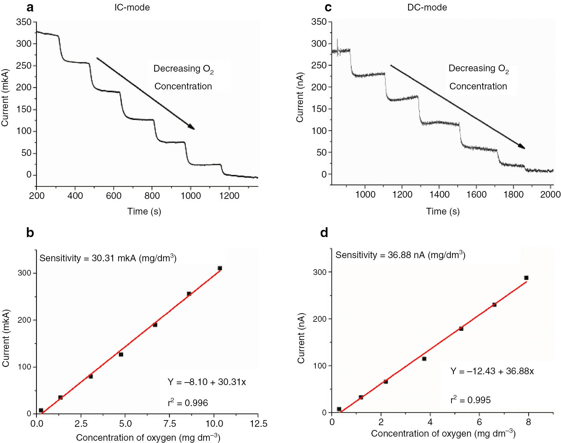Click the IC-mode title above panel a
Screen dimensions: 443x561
tap(132, 7)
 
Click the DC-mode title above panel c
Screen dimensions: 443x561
tap(427, 7)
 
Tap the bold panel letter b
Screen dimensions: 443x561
tap(30, 233)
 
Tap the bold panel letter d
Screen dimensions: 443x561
tap(324, 233)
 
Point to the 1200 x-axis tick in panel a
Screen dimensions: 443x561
tap(229, 196)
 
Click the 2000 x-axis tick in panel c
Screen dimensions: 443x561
tap(550, 194)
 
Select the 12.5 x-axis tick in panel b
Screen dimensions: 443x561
tap(258, 424)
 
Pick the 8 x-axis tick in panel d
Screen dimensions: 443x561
tap(529, 422)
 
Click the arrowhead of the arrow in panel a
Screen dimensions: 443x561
tap(191, 127)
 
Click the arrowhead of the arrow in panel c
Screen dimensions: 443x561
tap(522, 146)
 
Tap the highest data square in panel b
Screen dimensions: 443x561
tap(220, 268)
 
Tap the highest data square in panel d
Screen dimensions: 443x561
tap(526, 278)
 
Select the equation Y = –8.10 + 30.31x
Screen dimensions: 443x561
tap(207, 382)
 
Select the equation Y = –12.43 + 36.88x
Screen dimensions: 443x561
tap(492, 371)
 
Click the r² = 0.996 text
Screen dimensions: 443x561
tap(188, 403)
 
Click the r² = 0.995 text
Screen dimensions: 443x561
tap(470, 400)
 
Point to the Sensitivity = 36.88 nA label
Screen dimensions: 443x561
tap(400, 255)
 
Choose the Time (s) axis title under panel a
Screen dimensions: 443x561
tap(144, 211)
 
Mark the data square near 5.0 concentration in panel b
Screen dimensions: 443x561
tap(121, 354)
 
